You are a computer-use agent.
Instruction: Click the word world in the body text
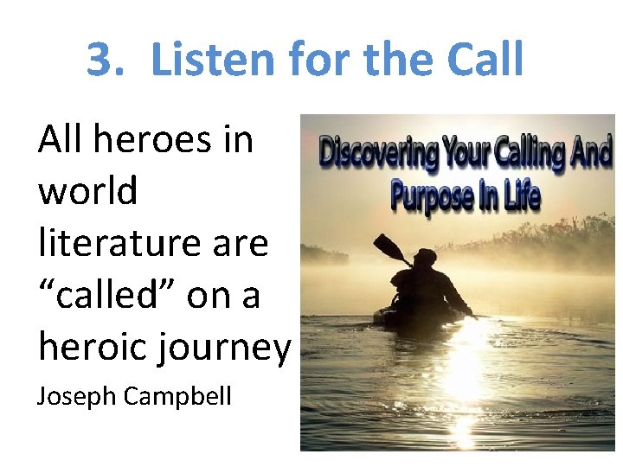pyautogui.click(x=87, y=190)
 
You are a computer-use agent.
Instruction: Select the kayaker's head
pyautogui.click(x=425, y=257)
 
